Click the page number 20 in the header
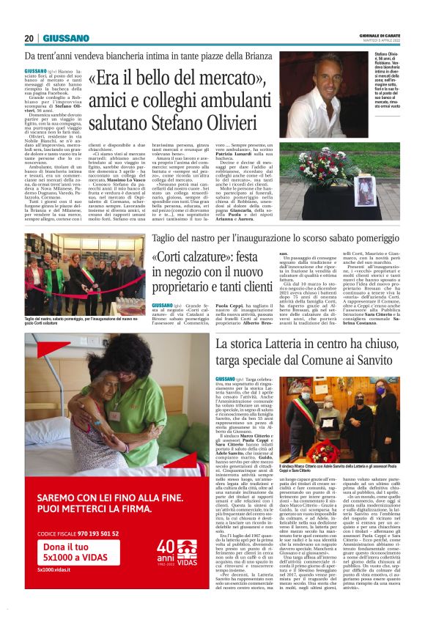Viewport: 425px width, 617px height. coord(29,38)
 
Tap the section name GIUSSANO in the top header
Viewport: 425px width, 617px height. coord(66,38)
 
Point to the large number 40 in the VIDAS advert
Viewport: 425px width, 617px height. coord(166,547)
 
